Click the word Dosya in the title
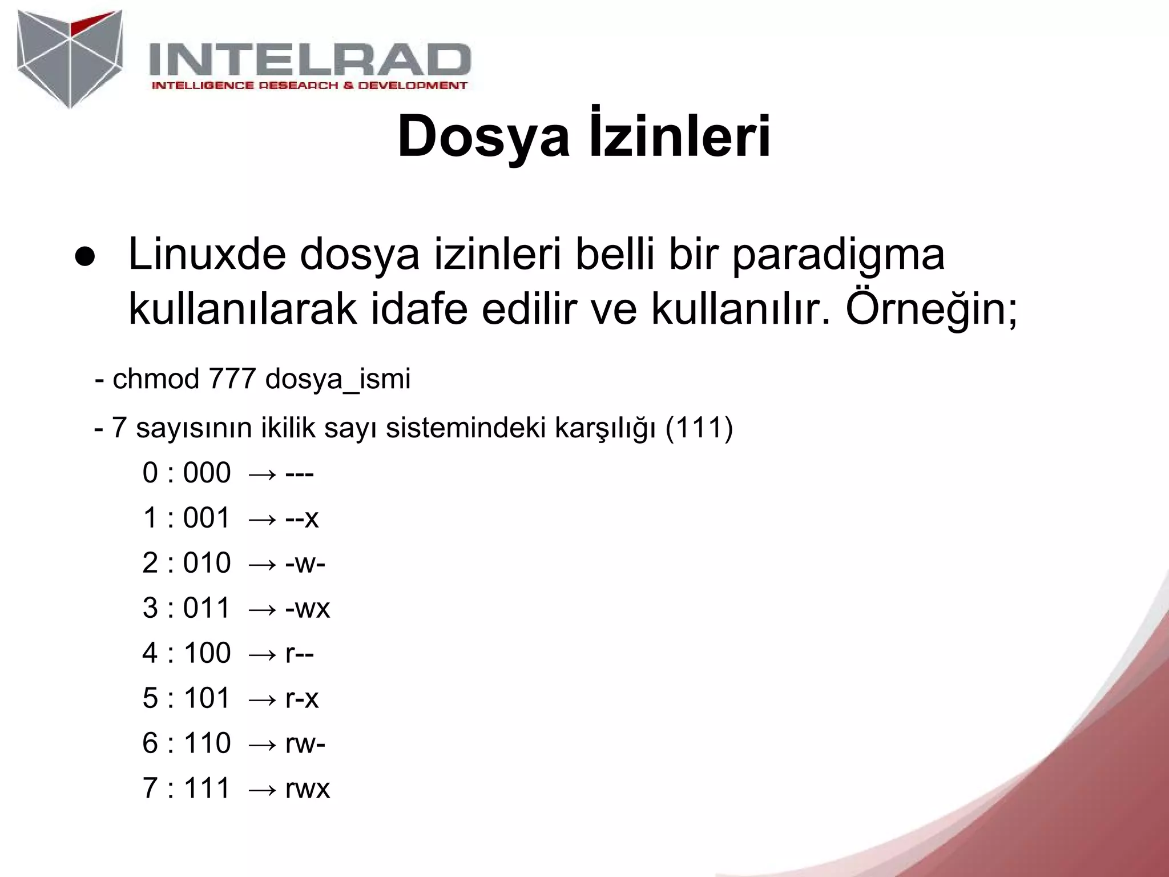click(483, 137)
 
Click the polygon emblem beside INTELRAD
click(70, 57)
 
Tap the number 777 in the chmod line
click(232, 379)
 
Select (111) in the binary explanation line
click(699, 428)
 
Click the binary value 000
click(207, 473)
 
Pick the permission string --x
click(301, 518)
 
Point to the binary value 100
click(207, 653)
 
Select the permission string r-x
click(301, 698)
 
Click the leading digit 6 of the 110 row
click(150, 743)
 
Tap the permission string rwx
click(307, 789)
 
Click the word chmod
click(155, 379)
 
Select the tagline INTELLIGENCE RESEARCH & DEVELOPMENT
click(309, 86)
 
